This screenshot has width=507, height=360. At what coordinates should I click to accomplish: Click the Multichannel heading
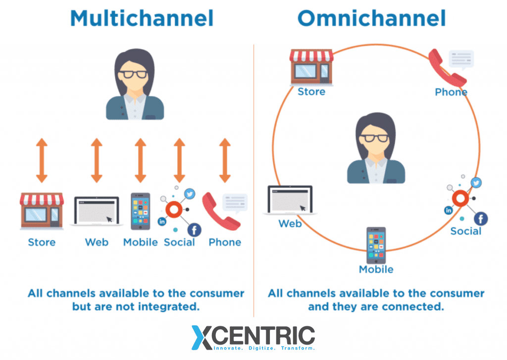click(x=142, y=18)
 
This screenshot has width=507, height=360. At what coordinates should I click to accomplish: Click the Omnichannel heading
click(x=371, y=18)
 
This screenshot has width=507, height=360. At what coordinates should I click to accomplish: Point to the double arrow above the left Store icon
click(x=42, y=160)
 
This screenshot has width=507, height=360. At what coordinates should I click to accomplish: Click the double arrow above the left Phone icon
click(x=225, y=160)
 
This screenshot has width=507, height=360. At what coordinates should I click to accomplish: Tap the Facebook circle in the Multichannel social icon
click(x=194, y=229)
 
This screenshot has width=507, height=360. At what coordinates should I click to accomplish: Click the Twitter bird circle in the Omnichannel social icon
click(x=476, y=183)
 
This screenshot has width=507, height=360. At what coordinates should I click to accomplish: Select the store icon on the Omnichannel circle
click(x=311, y=67)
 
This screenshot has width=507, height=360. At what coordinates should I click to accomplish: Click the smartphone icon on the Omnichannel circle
click(x=376, y=245)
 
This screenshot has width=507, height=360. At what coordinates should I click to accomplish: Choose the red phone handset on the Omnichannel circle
click(x=447, y=68)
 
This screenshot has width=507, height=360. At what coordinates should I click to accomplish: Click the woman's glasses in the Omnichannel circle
click(x=374, y=138)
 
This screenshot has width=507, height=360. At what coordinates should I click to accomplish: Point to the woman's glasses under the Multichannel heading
click(x=134, y=75)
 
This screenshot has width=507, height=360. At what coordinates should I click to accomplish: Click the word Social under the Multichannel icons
click(x=179, y=242)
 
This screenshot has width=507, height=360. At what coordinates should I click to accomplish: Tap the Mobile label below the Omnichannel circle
click(x=376, y=269)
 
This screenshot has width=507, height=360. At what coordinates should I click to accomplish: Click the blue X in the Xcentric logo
click(x=203, y=337)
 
